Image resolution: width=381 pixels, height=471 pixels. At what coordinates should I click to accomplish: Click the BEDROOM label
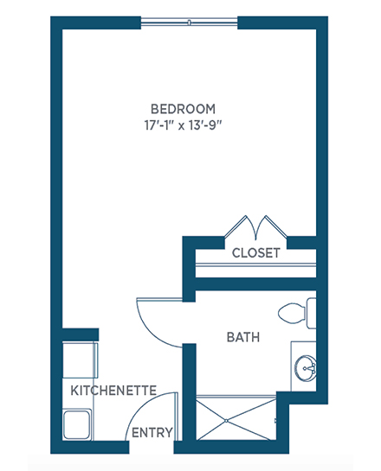[183, 109]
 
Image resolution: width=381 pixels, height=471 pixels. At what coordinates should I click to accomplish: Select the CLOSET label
[256, 253]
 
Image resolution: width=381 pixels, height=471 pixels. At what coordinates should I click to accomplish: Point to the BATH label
[243, 337]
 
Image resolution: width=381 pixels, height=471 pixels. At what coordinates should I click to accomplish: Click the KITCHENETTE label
[113, 391]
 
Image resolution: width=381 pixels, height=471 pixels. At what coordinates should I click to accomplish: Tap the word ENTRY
[152, 433]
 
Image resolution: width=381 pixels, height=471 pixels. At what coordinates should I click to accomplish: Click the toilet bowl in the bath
[291, 314]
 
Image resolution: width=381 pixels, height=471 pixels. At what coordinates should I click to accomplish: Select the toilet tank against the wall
[311, 314]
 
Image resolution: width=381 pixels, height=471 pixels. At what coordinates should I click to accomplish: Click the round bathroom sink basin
[305, 368]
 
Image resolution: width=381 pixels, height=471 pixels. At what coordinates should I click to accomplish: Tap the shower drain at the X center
[227, 421]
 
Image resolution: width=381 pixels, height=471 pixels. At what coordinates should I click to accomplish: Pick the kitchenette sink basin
[77, 424]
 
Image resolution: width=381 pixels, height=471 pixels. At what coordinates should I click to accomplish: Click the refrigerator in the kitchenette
[80, 360]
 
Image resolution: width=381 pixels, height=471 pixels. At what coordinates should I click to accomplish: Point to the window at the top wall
[190, 22]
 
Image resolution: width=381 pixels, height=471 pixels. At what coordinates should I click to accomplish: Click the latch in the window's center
[190, 22]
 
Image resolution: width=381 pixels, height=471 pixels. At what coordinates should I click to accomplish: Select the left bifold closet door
[240, 227]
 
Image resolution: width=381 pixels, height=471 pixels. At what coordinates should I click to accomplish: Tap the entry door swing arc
[141, 408]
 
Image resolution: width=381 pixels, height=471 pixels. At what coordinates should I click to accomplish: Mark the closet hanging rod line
[255, 265]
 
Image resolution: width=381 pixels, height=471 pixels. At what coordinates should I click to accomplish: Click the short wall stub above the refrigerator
[81, 334]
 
